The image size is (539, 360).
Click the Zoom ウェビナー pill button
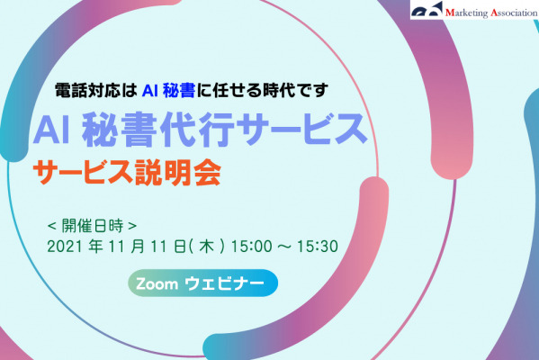202,283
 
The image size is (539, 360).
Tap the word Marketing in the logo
466,13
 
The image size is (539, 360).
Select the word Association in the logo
514,13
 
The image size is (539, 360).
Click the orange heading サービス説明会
127,173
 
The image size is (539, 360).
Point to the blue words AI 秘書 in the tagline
168,91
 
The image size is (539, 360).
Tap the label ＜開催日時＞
92,226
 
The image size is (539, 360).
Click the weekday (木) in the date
207,247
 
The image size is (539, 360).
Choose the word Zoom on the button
157,284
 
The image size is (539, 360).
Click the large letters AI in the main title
52,130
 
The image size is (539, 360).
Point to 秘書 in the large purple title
117,130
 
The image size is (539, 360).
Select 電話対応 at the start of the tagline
87,91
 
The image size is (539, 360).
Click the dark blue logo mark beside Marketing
427,10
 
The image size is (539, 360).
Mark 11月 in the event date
127,247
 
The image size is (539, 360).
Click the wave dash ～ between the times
284,247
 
